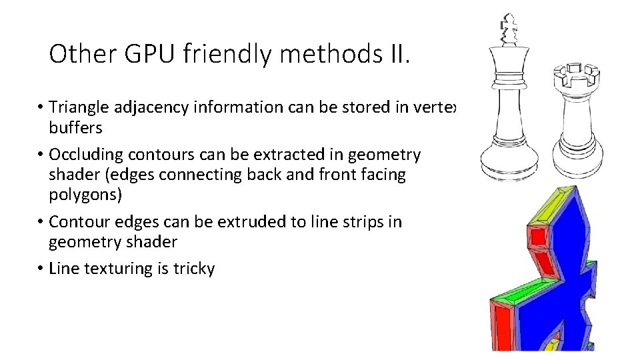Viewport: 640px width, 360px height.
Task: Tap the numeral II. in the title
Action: pos(397,54)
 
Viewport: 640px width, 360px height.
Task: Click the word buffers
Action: pos(75,127)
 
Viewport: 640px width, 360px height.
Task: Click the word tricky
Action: pos(194,269)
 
